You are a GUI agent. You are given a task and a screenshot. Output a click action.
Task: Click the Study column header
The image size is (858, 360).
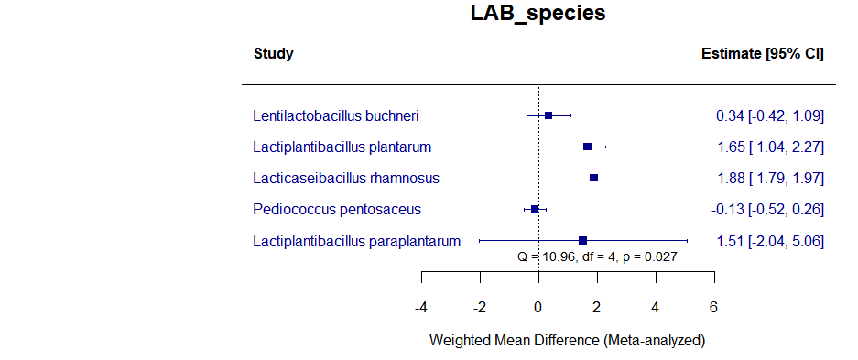click(x=273, y=54)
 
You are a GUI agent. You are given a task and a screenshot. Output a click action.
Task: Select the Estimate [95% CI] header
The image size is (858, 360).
click(x=762, y=54)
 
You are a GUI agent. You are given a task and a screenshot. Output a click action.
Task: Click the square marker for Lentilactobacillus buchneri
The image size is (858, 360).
click(x=548, y=115)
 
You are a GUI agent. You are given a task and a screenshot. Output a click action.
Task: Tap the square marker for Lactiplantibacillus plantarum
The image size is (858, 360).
click(x=587, y=147)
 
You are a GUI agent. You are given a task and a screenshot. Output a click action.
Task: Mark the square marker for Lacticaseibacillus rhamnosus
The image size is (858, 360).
click(x=593, y=178)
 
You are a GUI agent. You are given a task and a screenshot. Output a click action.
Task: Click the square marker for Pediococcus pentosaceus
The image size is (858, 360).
click(x=535, y=209)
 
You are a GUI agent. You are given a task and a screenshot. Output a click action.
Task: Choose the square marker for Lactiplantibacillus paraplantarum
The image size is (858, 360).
click(x=582, y=240)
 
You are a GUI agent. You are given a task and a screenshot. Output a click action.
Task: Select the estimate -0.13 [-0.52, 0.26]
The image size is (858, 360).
click(x=767, y=209)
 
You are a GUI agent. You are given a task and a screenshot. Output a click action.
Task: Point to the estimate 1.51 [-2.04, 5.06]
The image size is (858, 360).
click(x=769, y=241)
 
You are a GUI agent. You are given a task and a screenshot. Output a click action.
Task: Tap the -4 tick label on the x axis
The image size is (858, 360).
click(x=420, y=306)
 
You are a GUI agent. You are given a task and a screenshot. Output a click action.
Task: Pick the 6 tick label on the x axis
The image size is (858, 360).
click(x=713, y=306)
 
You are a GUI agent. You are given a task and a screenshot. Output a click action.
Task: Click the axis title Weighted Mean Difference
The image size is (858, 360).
click(x=567, y=340)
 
